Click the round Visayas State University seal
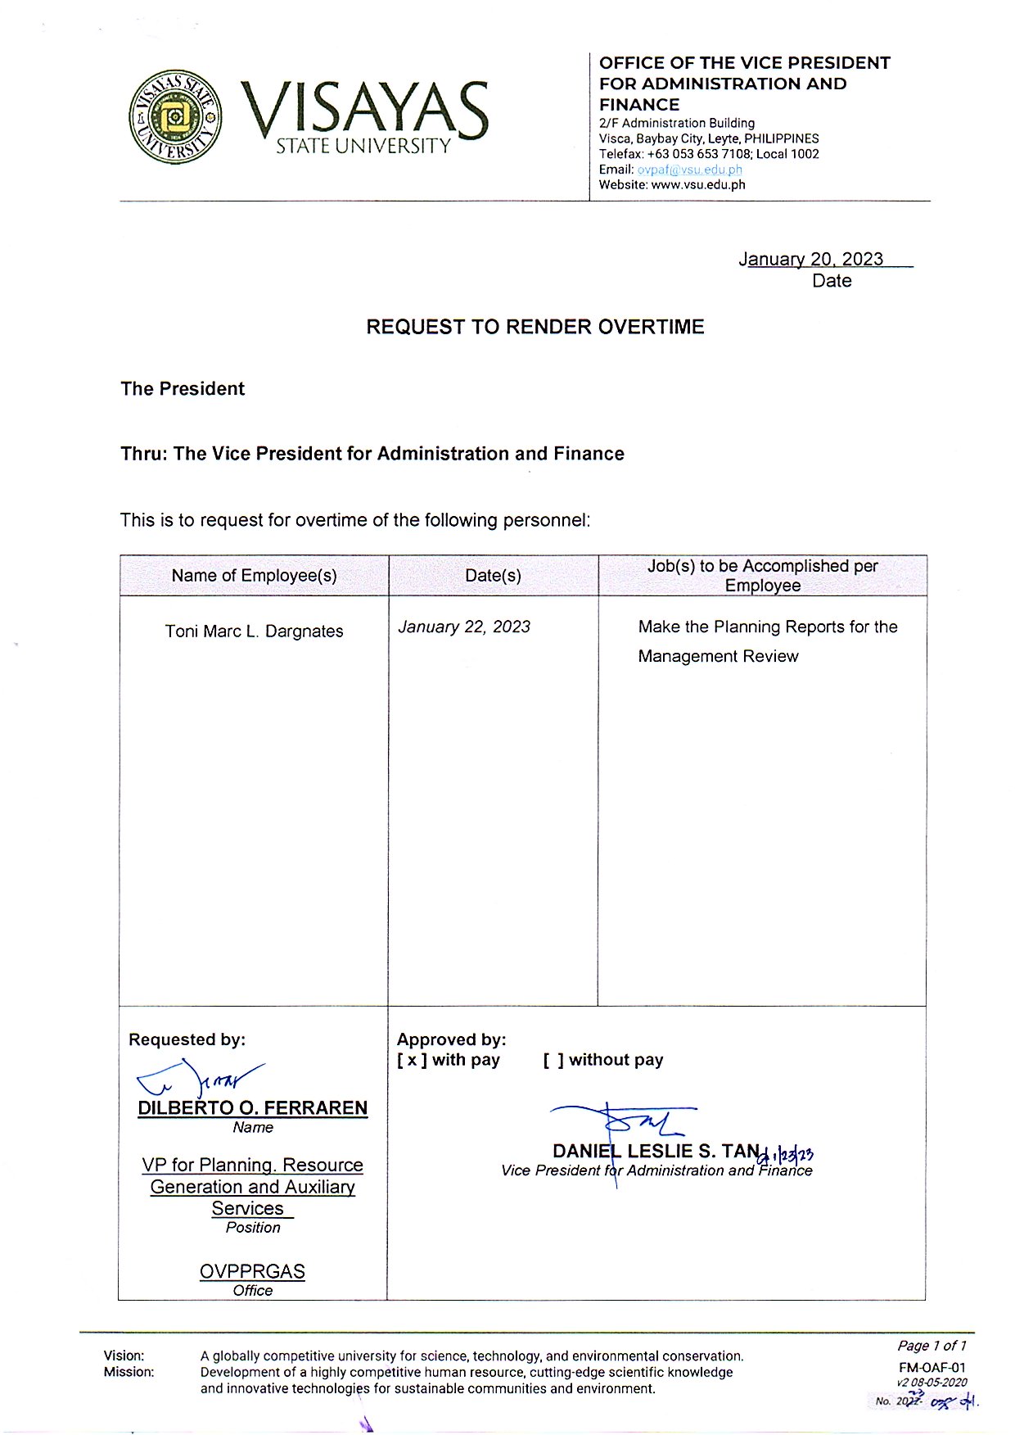coord(175,116)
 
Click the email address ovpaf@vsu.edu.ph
coord(689,170)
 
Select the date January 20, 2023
coord(810,259)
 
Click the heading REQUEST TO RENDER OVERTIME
coord(535,327)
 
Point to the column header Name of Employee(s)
coord(254,575)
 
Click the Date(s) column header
coord(493,575)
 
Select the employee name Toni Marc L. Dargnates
coord(254,631)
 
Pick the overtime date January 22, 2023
coord(464,627)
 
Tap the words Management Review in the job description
coord(718,656)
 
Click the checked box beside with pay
coord(412,1060)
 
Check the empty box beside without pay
coord(553,1060)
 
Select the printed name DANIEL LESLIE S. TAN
coord(656,1151)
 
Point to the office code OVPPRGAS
coord(252,1271)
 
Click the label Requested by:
coord(187,1039)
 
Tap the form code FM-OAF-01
coord(932,1367)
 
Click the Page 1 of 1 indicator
coord(932,1346)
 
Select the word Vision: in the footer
coord(124,1356)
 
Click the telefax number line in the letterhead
coord(708,154)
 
